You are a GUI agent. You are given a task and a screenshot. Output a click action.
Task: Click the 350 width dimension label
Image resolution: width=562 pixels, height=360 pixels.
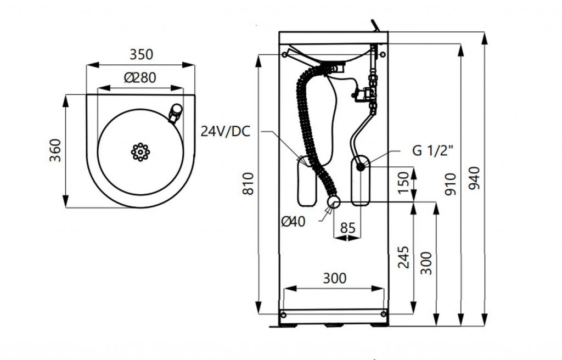point(141,55)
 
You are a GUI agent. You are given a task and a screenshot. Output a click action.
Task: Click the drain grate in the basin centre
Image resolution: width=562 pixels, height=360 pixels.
point(140,151)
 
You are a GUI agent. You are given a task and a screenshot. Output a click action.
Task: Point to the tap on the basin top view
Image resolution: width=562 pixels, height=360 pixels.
point(176,113)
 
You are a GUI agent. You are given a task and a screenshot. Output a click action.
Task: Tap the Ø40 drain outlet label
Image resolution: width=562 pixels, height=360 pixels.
point(293,221)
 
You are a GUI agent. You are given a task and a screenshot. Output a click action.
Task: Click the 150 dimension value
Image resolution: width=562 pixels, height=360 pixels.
point(403,183)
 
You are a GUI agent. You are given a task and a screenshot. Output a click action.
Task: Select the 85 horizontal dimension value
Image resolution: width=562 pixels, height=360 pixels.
point(347,227)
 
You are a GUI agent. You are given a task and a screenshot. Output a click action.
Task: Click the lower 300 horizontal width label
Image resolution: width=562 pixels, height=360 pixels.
point(334,278)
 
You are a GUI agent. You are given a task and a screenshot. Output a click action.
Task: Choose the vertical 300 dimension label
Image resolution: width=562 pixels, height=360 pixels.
point(426,263)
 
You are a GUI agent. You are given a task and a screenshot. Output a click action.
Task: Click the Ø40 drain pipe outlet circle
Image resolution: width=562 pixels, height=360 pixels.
point(334,203)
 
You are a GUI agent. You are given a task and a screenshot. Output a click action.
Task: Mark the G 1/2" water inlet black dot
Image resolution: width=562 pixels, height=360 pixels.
point(361,166)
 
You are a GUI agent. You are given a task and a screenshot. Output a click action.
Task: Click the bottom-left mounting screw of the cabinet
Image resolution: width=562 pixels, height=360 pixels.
point(284,314)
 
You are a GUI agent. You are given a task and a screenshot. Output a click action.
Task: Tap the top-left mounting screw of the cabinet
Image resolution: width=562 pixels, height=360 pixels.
point(284,54)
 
